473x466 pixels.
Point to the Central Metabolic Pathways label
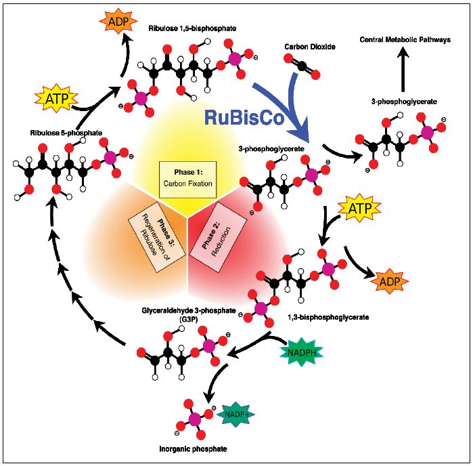[x=404, y=41]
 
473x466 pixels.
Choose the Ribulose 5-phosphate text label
[x=66, y=133]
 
